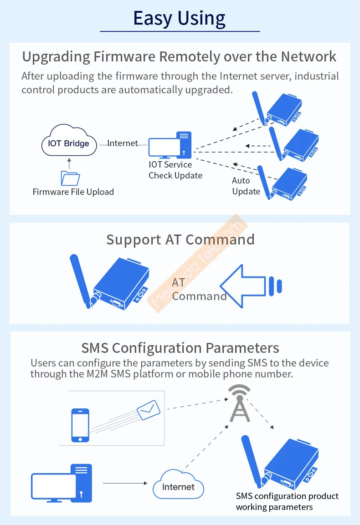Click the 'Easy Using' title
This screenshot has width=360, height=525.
(x=179, y=18)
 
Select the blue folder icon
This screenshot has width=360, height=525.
(x=70, y=178)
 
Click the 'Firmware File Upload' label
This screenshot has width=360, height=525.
(x=73, y=192)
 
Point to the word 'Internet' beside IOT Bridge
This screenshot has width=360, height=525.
(x=123, y=143)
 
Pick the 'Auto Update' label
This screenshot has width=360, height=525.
(x=246, y=186)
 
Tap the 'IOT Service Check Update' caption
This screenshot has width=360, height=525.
(x=175, y=170)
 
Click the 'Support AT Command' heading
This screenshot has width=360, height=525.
(x=180, y=240)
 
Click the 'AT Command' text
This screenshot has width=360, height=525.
(x=199, y=290)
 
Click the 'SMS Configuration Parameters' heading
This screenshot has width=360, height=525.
(x=180, y=348)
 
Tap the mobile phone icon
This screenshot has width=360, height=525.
(x=80, y=425)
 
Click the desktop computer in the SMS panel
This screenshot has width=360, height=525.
(x=62, y=483)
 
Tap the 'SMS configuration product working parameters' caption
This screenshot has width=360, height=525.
(x=287, y=501)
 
